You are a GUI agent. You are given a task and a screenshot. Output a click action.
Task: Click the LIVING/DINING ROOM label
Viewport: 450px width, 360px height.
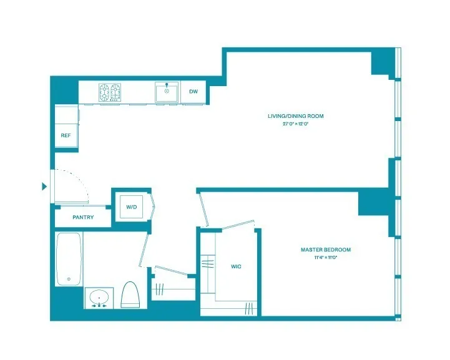click(x=304, y=116)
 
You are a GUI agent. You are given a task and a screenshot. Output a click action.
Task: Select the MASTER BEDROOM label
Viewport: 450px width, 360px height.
click(x=325, y=250)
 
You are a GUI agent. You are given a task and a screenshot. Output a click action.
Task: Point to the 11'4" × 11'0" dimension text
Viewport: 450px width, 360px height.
click(x=325, y=257)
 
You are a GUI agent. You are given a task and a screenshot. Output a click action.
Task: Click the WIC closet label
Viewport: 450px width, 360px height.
click(x=236, y=266)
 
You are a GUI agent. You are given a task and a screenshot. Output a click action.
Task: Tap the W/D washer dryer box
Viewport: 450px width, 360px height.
click(x=132, y=207)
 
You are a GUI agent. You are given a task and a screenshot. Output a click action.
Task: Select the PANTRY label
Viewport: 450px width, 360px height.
click(x=83, y=218)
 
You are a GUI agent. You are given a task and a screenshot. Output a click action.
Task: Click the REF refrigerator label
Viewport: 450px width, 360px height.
click(x=66, y=135)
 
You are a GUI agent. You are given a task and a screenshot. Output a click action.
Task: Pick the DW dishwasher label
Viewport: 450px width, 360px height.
click(x=193, y=92)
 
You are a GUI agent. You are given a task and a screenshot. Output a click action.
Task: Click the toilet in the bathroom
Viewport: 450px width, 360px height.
click(x=129, y=296)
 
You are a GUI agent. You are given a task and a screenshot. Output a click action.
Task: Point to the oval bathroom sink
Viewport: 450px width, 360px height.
click(x=99, y=298)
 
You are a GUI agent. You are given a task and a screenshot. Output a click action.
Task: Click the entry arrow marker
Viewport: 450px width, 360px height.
click(x=44, y=186)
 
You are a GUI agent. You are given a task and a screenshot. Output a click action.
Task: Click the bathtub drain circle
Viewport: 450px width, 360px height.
click(x=68, y=279)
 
